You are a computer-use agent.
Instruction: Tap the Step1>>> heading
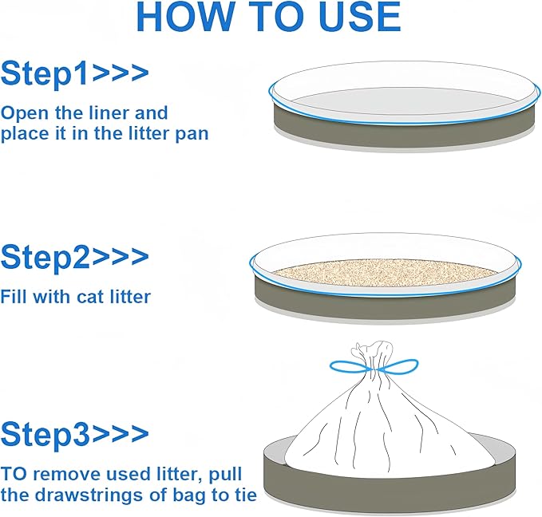(74, 73)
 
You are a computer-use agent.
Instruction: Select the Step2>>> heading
(74, 257)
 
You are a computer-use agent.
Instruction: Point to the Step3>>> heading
(74, 435)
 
